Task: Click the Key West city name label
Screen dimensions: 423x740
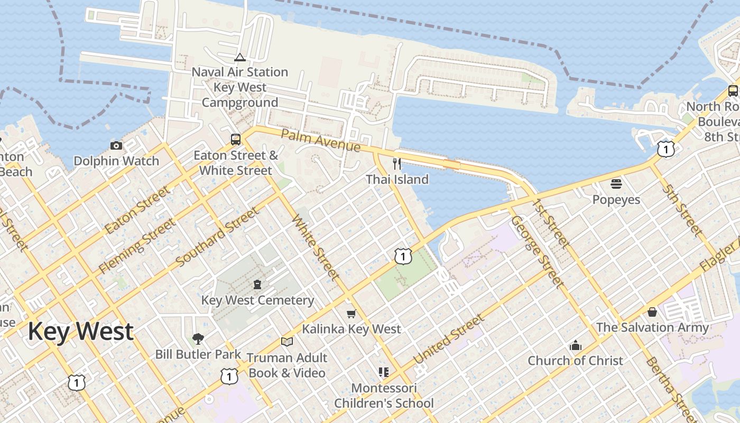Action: click(80, 332)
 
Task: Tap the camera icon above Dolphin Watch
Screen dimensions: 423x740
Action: click(116, 145)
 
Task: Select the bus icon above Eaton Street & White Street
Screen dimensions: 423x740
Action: click(236, 140)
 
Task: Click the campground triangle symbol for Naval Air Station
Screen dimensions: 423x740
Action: click(239, 57)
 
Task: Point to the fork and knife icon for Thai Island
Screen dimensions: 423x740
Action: click(397, 164)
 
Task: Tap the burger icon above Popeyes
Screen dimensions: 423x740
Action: click(616, 184)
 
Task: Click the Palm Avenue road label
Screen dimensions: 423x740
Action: click(320, 140)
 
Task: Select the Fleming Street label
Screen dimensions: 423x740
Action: click(137, 246)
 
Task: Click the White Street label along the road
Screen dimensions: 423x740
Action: click(316, 247)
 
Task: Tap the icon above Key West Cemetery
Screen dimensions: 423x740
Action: click(257, 284)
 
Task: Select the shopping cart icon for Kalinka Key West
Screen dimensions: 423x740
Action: click(351, 314)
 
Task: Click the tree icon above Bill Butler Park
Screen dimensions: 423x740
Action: click(198, 338)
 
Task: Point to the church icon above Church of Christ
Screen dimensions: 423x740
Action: click(576, 346)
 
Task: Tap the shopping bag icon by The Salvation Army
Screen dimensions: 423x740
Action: click(652, 312)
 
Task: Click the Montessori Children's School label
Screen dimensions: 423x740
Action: click(384, 396)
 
